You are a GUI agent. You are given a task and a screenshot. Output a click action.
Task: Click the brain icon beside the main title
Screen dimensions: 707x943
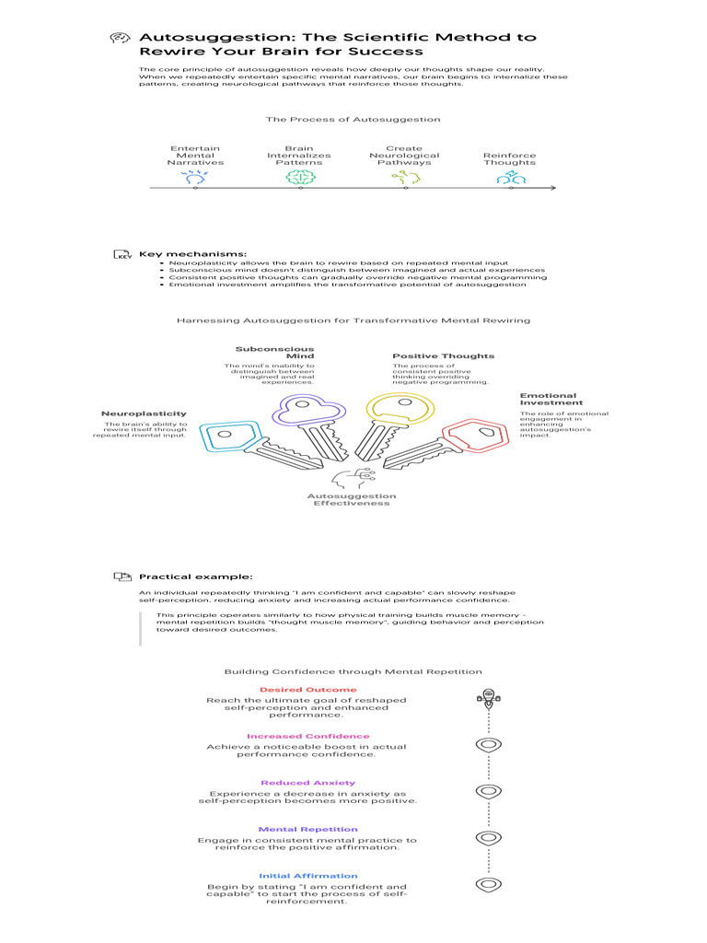(x=118, y=38)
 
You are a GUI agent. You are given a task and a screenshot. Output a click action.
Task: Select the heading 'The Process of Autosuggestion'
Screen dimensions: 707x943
(x=353, y=119)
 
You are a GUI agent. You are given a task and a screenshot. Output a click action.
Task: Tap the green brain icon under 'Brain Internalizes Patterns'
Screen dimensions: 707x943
(x=299, y=178)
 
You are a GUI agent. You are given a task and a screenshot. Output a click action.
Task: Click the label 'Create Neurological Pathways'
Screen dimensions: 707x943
(x=404, y=156)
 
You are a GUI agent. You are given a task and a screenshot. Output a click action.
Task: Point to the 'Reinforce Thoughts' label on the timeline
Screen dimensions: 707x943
(x=509, y=159)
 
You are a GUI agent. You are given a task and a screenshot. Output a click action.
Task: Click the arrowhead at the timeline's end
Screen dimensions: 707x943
(x=552, y=188)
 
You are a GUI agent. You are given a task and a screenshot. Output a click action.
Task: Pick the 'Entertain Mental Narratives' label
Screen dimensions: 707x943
(x=195, y=156)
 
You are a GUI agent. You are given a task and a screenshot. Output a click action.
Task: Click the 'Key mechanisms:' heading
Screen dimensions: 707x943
(x=192, y=253)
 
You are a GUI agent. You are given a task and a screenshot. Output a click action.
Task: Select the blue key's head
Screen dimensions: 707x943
(x=222, y=438)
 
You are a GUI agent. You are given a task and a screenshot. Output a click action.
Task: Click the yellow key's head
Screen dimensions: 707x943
(x=398, y=409)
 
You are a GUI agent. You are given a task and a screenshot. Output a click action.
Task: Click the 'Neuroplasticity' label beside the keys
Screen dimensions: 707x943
(x=144, y=413)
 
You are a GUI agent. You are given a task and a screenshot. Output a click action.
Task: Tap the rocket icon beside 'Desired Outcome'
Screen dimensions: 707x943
(x=488, y=697)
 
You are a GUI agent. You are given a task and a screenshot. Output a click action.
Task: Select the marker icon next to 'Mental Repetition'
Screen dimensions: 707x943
(x=488, y=838)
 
